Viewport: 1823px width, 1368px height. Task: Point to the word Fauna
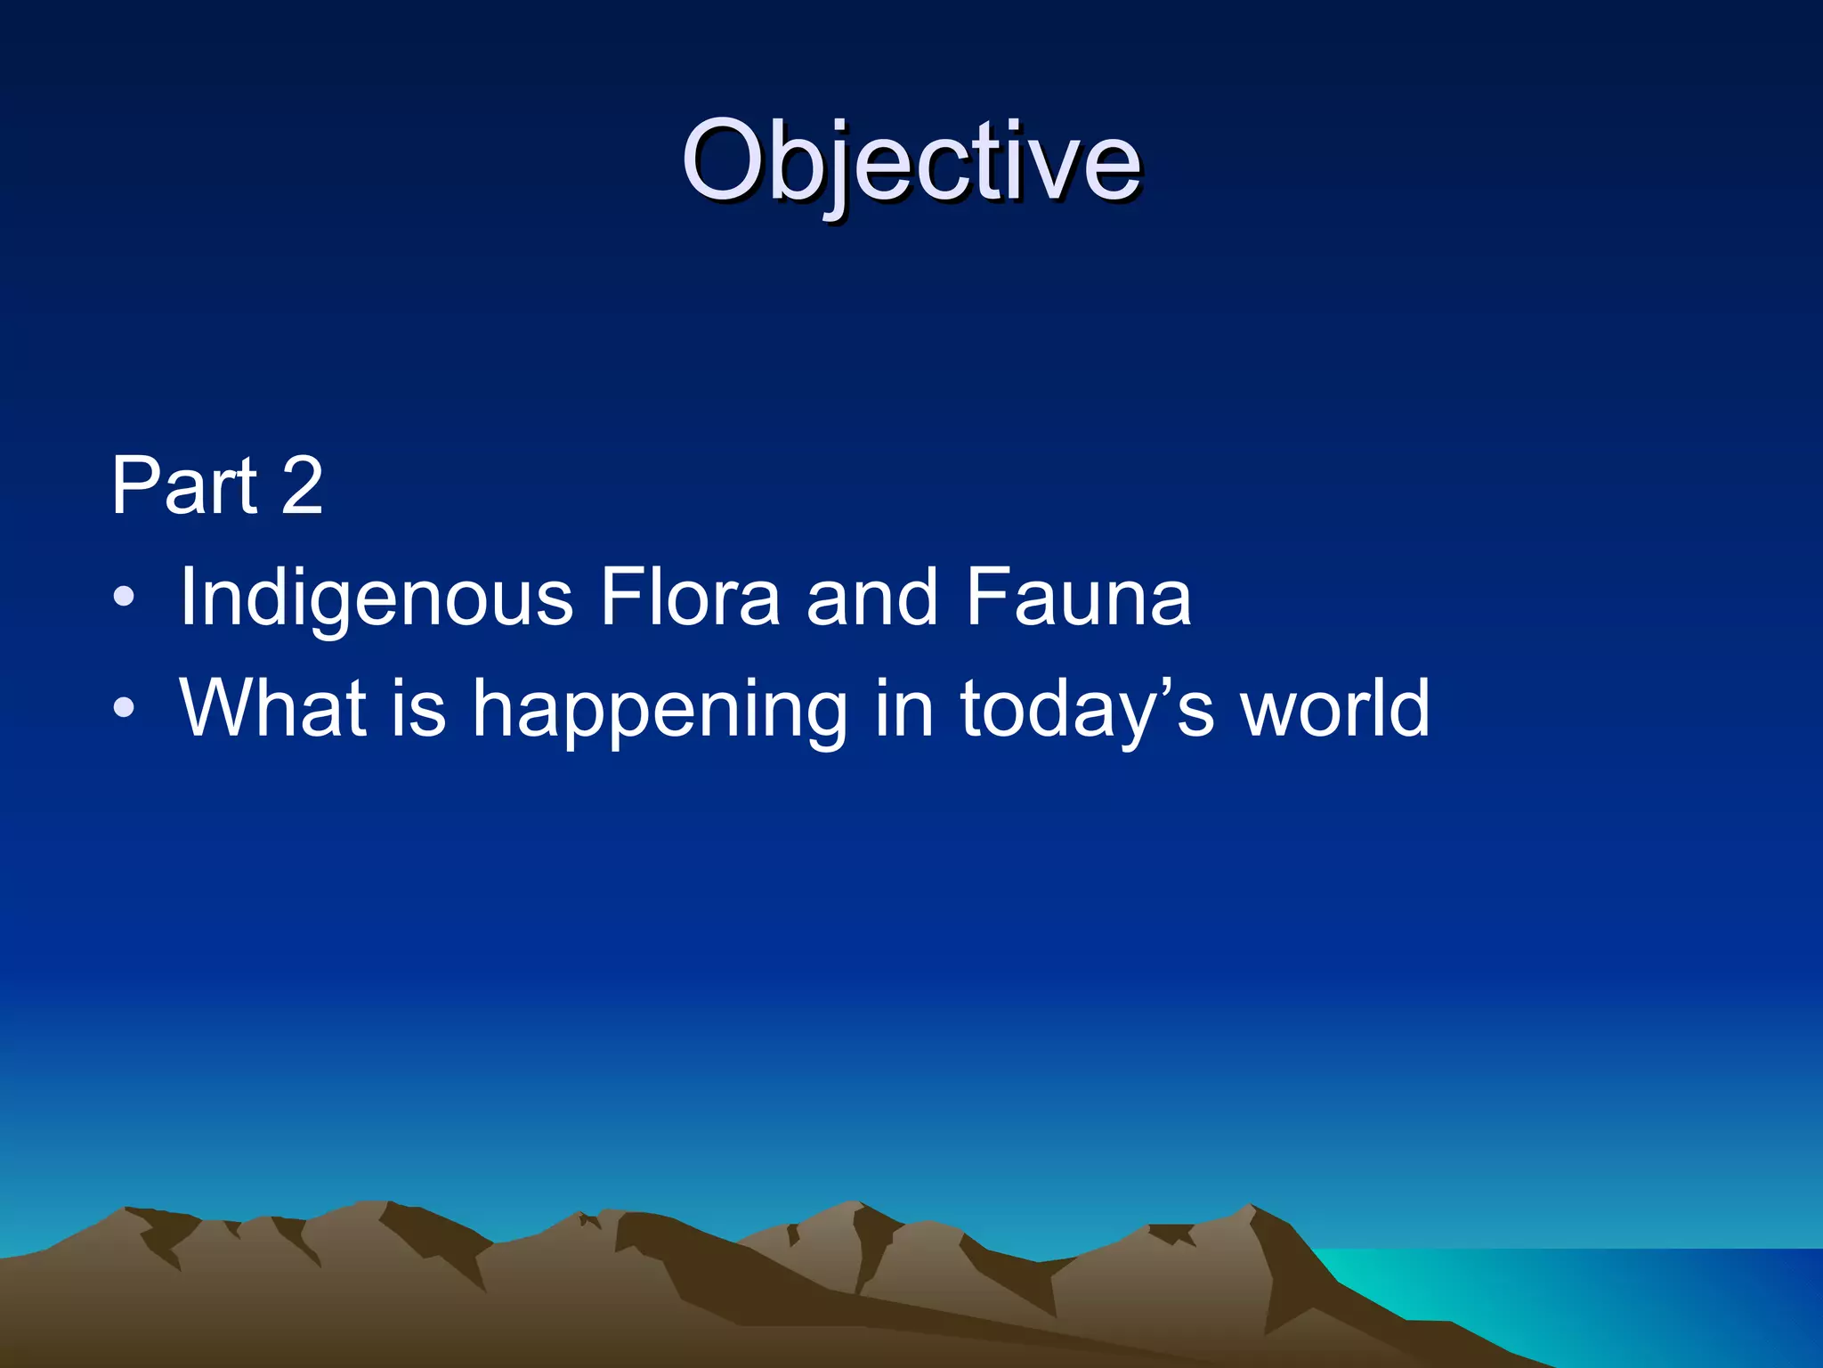click(x=1078, y=597)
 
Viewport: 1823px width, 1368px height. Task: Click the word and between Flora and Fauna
click(x=872, y=597)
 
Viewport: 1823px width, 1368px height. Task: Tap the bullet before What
click(x=125, y=708)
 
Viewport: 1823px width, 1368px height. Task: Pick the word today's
click(x=1087, y=711)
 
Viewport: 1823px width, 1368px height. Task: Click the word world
click(x=1335, y=708)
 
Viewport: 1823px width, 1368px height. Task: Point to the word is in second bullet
click(x=418, y=708)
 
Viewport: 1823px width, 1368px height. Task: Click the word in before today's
click(x=903, y=708)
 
